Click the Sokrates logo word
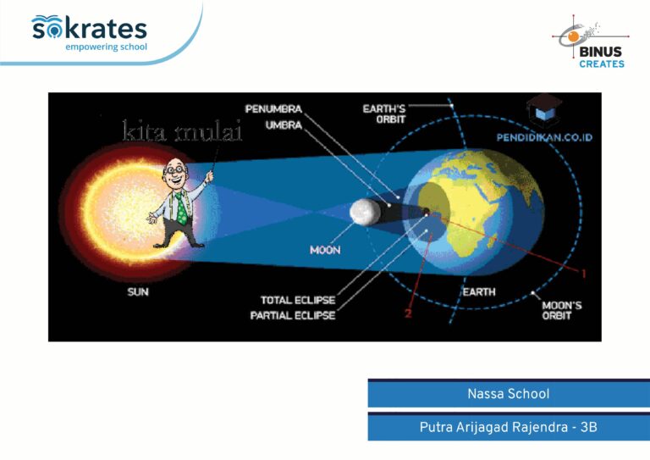89,28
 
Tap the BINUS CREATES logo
591,42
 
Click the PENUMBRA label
273,109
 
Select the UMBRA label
284,125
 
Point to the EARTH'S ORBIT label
384,114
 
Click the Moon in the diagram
365,212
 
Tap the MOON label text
325,250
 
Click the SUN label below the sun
138,292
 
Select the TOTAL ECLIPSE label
298,300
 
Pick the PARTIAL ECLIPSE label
293,316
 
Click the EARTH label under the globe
479,292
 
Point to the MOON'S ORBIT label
562,310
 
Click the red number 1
584,274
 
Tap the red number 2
408,313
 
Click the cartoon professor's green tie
181,208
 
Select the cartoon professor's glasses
175,169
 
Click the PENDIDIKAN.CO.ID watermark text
544,138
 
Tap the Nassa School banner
509,393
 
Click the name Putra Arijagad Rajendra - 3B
509,427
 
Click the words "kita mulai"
183,130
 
